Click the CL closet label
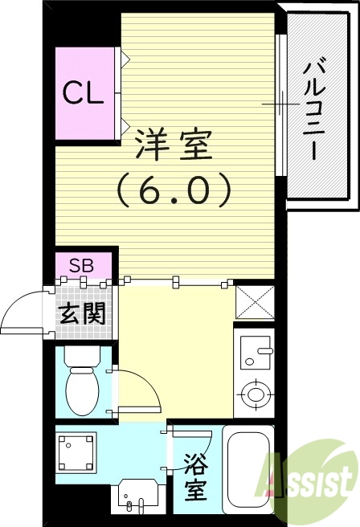pos(84,93)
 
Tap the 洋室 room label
pos(173,145)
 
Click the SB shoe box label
pos(80,265)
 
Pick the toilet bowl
pos(81,389)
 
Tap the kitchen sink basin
pos(255,350)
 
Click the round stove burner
pos(256,394)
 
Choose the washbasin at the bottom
pos(132,495)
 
